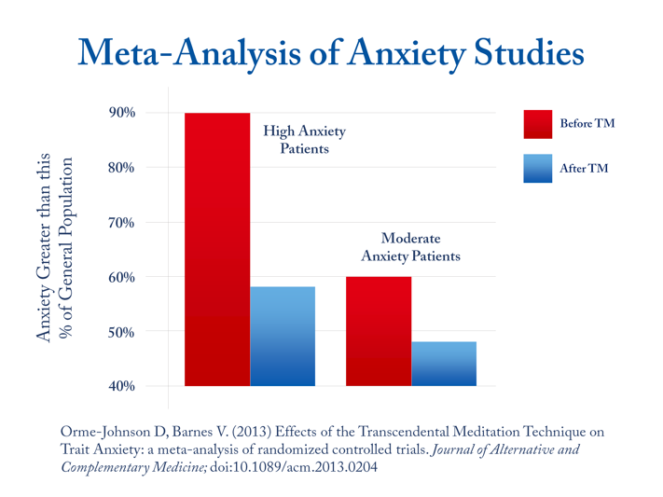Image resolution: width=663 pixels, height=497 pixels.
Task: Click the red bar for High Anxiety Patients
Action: click(217, 249)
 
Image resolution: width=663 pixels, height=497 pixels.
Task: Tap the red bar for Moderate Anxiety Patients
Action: click(378, 331)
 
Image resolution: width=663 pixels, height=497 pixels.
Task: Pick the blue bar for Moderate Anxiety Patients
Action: click(444, 364)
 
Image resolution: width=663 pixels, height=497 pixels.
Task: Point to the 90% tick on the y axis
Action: click(121, 113)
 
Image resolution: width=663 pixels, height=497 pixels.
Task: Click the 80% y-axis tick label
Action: click(121, 168)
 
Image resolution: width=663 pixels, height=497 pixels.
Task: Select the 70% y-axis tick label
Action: click(121, 223)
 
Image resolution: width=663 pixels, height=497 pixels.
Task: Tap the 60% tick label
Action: click(121, 277)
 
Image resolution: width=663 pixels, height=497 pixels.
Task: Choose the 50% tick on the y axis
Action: click(121, 332)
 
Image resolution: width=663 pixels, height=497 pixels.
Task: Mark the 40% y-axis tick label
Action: click(121, 386)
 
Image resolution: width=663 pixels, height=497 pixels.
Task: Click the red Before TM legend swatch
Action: click(537, 123)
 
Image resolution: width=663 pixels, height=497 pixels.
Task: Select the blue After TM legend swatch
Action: click(537, 169)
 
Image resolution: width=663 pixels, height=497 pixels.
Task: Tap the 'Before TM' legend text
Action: click(587, 123)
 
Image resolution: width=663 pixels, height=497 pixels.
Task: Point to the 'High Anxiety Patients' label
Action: click(304, 140)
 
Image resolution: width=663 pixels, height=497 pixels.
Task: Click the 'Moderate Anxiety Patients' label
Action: click(410, 247)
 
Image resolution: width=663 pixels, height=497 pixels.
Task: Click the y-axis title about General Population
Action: click(55, 248)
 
